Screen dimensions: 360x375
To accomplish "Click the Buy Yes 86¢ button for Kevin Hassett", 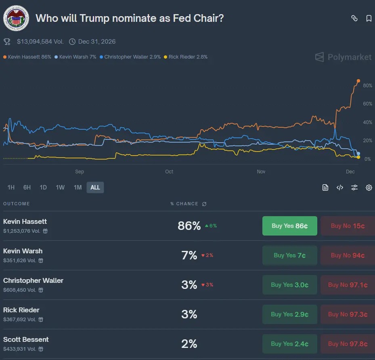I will point(289,226).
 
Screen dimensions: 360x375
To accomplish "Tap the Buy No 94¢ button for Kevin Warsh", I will point(348,255).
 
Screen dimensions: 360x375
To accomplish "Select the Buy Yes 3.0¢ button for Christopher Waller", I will point(289,285).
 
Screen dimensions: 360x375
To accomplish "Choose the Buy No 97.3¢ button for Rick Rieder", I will point(348,314).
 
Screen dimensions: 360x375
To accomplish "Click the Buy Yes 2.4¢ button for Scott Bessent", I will point(289,344).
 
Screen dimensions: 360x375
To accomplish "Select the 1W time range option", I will point(60,187).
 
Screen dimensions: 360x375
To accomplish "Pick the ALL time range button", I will point(95,187).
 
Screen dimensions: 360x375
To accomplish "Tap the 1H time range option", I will point(11,187).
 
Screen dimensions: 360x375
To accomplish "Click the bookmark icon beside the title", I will point(369,18).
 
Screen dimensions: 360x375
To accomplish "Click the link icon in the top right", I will point(354,18).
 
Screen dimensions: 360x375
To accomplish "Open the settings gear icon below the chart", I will point(369,187).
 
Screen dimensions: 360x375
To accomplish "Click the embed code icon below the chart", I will point(340,187).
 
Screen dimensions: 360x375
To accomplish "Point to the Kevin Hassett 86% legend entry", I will point(27,57).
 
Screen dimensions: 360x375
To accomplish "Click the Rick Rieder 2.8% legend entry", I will point(186,57).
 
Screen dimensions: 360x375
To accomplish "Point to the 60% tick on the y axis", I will point(367,104).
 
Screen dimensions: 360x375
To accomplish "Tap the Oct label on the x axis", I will point(169,172).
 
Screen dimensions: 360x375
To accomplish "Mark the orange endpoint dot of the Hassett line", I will point(358,81).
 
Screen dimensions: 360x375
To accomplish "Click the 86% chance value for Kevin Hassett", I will point(189,226).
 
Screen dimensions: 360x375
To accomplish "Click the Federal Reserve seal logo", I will point(16,19).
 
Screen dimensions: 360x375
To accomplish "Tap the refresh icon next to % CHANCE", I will point(204,204).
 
